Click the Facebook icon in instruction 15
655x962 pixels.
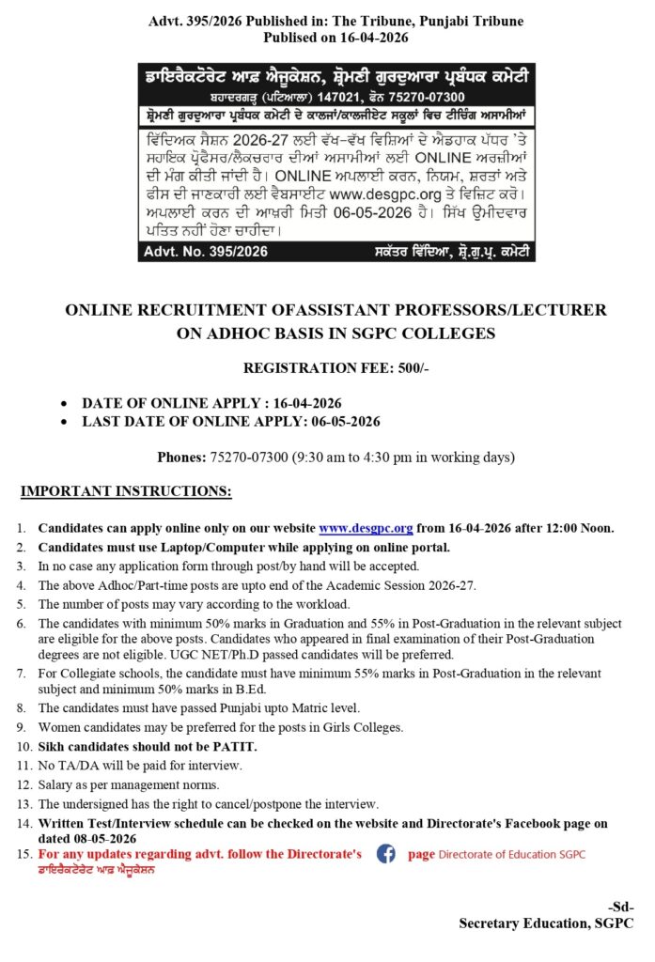point(385,854)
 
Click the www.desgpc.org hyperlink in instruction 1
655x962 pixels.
point(366,528)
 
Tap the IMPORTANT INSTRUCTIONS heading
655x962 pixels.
point(126,491)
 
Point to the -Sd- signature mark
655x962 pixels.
point(620,907)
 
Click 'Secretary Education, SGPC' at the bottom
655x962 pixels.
point(546,923)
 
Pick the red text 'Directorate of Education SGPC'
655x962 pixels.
point(511,855)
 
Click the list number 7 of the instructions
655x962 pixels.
point(22,675)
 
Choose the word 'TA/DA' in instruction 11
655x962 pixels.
point(77,766)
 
